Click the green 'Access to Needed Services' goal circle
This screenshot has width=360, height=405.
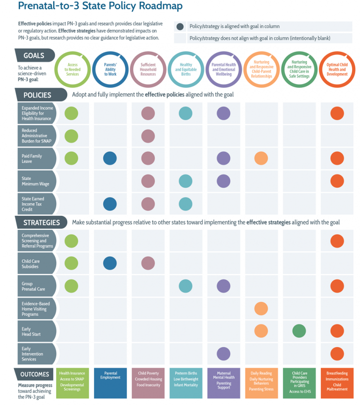[x=72, y=71]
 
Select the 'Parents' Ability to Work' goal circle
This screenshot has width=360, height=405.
[x=110, y=71]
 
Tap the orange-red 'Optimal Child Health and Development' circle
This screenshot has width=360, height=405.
[x=337, y=71]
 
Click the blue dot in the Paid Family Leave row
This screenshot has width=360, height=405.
[x=109, y=158]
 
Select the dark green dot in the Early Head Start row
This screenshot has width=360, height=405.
[x=299, y=331]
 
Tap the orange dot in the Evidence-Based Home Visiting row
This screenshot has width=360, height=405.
[x=261, y=308]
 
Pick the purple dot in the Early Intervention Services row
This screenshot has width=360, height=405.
[x=223, y=354]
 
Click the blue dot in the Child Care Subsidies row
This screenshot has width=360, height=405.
[x=109, y=263]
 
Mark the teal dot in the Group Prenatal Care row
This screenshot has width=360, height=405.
[x=186, y=286]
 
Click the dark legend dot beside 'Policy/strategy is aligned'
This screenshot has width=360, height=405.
[x=180, y=27]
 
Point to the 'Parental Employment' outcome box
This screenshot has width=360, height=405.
[x=110, y=383]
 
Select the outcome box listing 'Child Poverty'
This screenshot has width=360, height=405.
[x=148, y=383]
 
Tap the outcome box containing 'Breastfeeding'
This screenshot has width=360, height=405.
[x=337, y=383]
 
